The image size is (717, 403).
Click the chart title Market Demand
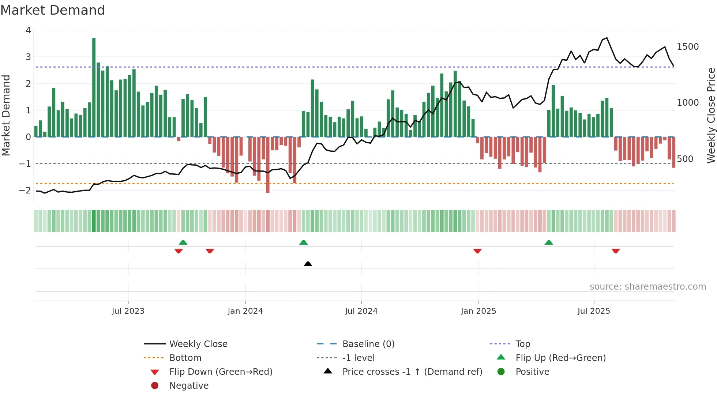[53, 10]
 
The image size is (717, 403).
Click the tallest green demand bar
[94, 88]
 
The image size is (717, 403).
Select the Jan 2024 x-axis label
[245, 311]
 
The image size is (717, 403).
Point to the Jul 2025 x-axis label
[594, 311]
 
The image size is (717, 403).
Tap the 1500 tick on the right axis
[688, 47]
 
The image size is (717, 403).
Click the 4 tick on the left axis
[28, 30]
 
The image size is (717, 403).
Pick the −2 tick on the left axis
[25, 191]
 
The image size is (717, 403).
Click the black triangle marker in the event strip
[308, 264]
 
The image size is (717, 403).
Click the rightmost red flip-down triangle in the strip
[616, 251]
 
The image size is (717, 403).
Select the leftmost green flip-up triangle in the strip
[183, 242]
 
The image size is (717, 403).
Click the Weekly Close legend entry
[198, 344]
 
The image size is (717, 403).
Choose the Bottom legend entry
[185, 358]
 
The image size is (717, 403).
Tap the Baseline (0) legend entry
[368, 344]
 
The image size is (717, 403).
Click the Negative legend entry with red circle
[188, 386]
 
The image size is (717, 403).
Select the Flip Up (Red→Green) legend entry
[560, 358]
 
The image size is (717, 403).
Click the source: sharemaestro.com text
[647, 287]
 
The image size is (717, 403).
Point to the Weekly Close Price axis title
[711, 115]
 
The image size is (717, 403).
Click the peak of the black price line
[607, 38]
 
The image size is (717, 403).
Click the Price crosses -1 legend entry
[412, 372]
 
